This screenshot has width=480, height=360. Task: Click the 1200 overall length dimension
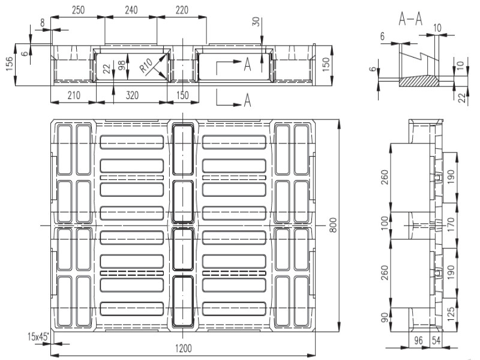pyautogui.click(x=184, y=348)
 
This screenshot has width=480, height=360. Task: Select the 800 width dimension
pyautogui.click(x=333, y=225)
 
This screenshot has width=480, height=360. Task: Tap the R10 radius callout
pyautogui.click(x=146, y=65)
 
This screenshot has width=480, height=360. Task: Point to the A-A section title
pyautogui.click(x=410, y=19)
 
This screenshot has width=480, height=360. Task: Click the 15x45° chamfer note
pyautogui.click(x=38, y=337)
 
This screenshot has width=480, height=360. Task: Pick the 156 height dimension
pyautogui.click(x=10, y=64)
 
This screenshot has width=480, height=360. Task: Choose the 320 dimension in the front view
pyautogui.click(x=132, y=95)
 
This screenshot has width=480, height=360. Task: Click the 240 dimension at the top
pyautogui.click(x=131, y=10)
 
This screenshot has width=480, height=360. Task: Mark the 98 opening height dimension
pyautogui.click(x=122, y=65)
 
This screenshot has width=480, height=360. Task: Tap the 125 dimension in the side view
pyautogui.click(x=451, y=314)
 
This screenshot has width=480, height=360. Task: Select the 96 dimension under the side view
pyautogui.click(x=418, y=340)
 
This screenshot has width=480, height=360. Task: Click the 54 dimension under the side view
pyautogui.click(x=436, y=340)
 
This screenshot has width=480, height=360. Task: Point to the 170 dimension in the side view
pyautogui.click(x=451, y=224)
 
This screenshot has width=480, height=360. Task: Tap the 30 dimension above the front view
pyautogui.click(x=256, y=22)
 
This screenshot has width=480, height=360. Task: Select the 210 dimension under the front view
pyautogui.click(x=73, y=95)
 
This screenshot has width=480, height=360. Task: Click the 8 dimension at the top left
pyautogui.click(x=42, y=23)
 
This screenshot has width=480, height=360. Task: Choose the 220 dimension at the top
pyautogui.click(x=182, y=10)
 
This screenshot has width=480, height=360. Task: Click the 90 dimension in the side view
pyautogui.click(x=385, y=317)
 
